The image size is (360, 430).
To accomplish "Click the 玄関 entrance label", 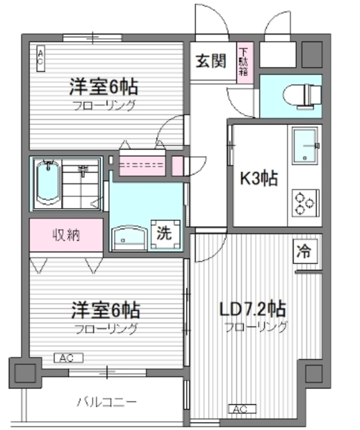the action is [x=211, y=61].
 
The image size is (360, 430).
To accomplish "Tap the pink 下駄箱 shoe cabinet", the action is [x=244, y=62].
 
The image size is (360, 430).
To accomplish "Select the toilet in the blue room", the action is [x=302, y=96].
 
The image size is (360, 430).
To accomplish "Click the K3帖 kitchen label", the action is [x=259, y=178].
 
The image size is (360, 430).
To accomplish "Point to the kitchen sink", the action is [x=305, y=146].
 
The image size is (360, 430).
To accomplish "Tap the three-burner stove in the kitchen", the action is [x=305, y=203].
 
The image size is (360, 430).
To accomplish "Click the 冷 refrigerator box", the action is [x=305, y=251].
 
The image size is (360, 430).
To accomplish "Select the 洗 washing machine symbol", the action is [x=165, y=234].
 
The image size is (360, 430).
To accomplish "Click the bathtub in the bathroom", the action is [x=48, y=183].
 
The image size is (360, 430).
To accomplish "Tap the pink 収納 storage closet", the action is [x=66, y=234].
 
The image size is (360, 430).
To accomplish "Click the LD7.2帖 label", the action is [x=253, y=309].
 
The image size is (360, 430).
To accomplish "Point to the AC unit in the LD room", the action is [x=242, y=409].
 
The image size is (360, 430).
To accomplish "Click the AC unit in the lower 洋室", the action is [x=69, y=358].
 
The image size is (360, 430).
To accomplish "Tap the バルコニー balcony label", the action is [x=107, y=402].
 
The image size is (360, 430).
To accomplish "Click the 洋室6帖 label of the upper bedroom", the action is [x=103, y=87].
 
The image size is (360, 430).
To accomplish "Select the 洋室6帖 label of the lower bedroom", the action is [x=105, y=310].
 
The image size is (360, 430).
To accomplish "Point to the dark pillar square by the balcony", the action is [x=25, y=373].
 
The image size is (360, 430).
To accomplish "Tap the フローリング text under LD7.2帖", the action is [x=256, y=327].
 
